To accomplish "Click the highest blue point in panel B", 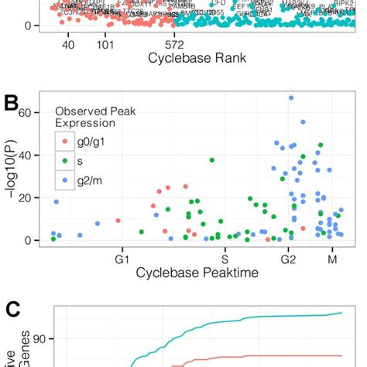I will (x=291, y=98).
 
